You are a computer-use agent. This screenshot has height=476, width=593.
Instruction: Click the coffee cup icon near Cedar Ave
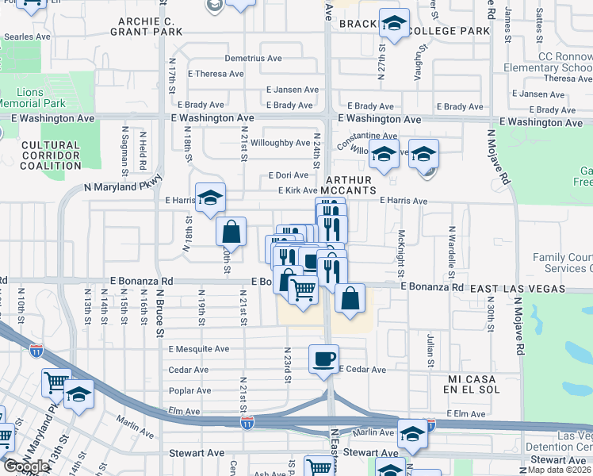pyautogui.click(x=323, y=359)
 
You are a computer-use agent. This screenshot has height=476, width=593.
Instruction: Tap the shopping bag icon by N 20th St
pyautogui.click(x=231, y=232)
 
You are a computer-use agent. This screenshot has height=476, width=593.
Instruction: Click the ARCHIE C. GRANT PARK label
pyautogui.click(x=150, y=26)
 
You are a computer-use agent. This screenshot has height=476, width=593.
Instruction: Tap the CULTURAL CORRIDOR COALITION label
pyautogui.click(x=51, y=155)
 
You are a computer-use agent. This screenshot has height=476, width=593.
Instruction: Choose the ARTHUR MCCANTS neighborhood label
pyautogui.click(x=350, y=186)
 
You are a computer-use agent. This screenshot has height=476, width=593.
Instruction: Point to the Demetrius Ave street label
pyautogui.click(x=253, y=59)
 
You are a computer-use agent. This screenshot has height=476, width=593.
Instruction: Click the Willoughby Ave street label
pyautogui.click(x=281, y=143)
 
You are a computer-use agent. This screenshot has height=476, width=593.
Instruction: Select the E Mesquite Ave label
pyautogui.click(x=198, y=349)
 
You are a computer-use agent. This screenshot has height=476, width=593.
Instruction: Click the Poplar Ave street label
pyautogui.click(x=189, y=390)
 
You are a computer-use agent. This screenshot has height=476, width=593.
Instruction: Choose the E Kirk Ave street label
pyautogui.click(x=298, y=190)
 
